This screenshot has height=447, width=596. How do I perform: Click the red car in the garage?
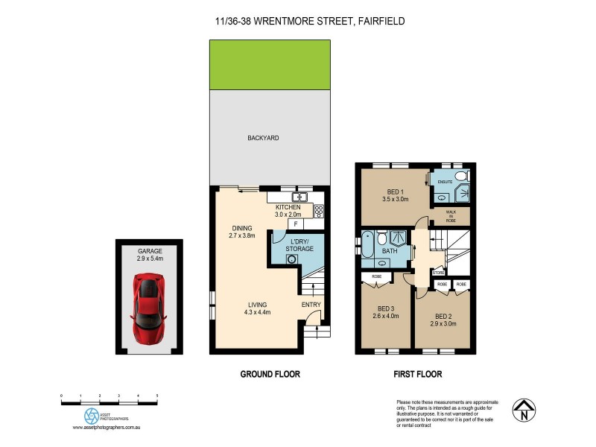tap(149, 306)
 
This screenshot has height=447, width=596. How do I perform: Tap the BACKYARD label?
tap(263, 139)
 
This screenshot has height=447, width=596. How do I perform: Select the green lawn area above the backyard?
tap(270, 65)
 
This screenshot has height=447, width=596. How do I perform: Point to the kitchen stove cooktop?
tap(319, 211)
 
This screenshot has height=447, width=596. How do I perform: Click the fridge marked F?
tap(296, 223)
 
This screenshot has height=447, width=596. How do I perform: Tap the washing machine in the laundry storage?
tap(292, 259)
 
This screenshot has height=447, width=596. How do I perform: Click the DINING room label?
tap(242, 228)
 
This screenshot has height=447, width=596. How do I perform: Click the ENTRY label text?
tap(311, 305)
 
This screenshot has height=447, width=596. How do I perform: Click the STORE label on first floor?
tap(439, 273)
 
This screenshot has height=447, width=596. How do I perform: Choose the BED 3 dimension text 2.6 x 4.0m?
tap(385, 316)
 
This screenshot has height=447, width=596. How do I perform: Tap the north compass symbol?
tap(526, 408)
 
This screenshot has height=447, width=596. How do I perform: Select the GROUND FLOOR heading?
tap(270, 374)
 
